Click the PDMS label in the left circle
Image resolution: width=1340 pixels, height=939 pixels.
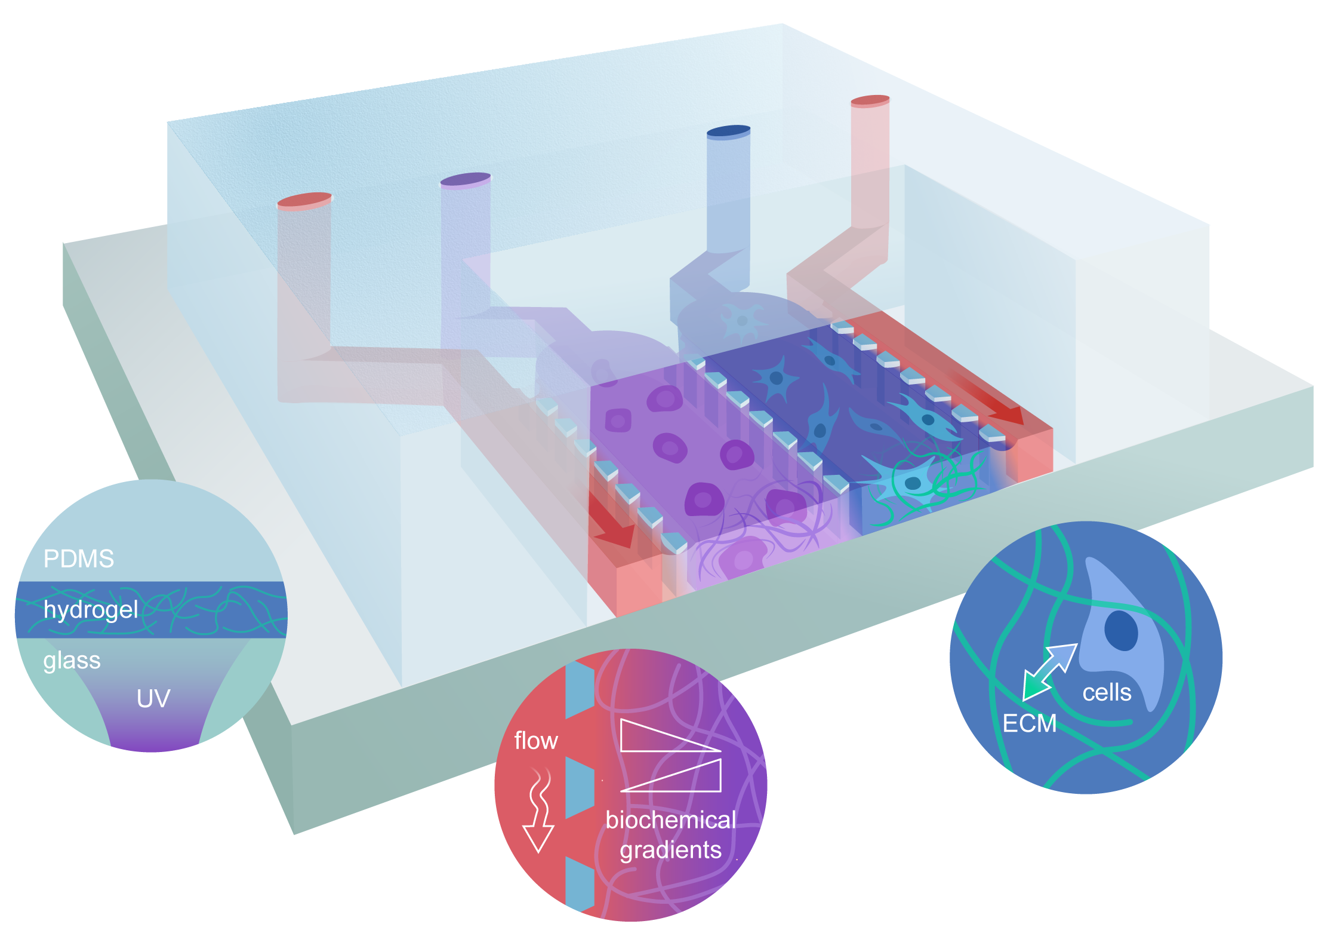(x=79, y=559)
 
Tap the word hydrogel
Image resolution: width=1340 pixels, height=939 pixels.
(x=91, y=610)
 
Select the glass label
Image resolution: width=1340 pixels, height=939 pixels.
(x=72, y=661)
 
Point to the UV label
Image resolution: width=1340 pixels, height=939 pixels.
(x=153, y=698)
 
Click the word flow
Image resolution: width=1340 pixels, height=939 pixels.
(x=535, y=741)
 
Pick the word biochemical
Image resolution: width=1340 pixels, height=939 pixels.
(x=670, y=820)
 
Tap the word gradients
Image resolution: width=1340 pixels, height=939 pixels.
(x=670, y=849)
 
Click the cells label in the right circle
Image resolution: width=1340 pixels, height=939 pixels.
(x=1107, y=692)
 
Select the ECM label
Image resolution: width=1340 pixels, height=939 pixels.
(x=1029, y=723)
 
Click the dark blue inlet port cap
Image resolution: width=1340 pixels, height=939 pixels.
(x=728, y=131)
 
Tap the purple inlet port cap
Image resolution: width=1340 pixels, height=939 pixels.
(x=466, y=179)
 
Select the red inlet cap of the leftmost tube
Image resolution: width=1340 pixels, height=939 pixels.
(x=304, y=200)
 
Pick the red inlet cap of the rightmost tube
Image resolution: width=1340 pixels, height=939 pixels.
(x=870, y=100)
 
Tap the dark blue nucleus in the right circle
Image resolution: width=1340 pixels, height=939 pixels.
(x=1121, y=630)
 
